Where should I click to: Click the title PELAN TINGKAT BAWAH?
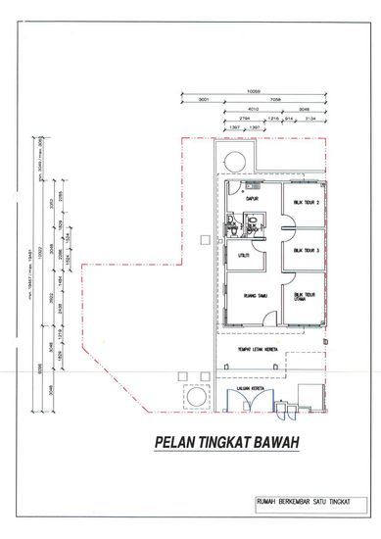coord(225,443)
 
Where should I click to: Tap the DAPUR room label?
coord(252,198)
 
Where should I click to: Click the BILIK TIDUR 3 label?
coord(307,251)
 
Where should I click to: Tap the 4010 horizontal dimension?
coord(252,109)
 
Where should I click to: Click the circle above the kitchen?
coord(235,162)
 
